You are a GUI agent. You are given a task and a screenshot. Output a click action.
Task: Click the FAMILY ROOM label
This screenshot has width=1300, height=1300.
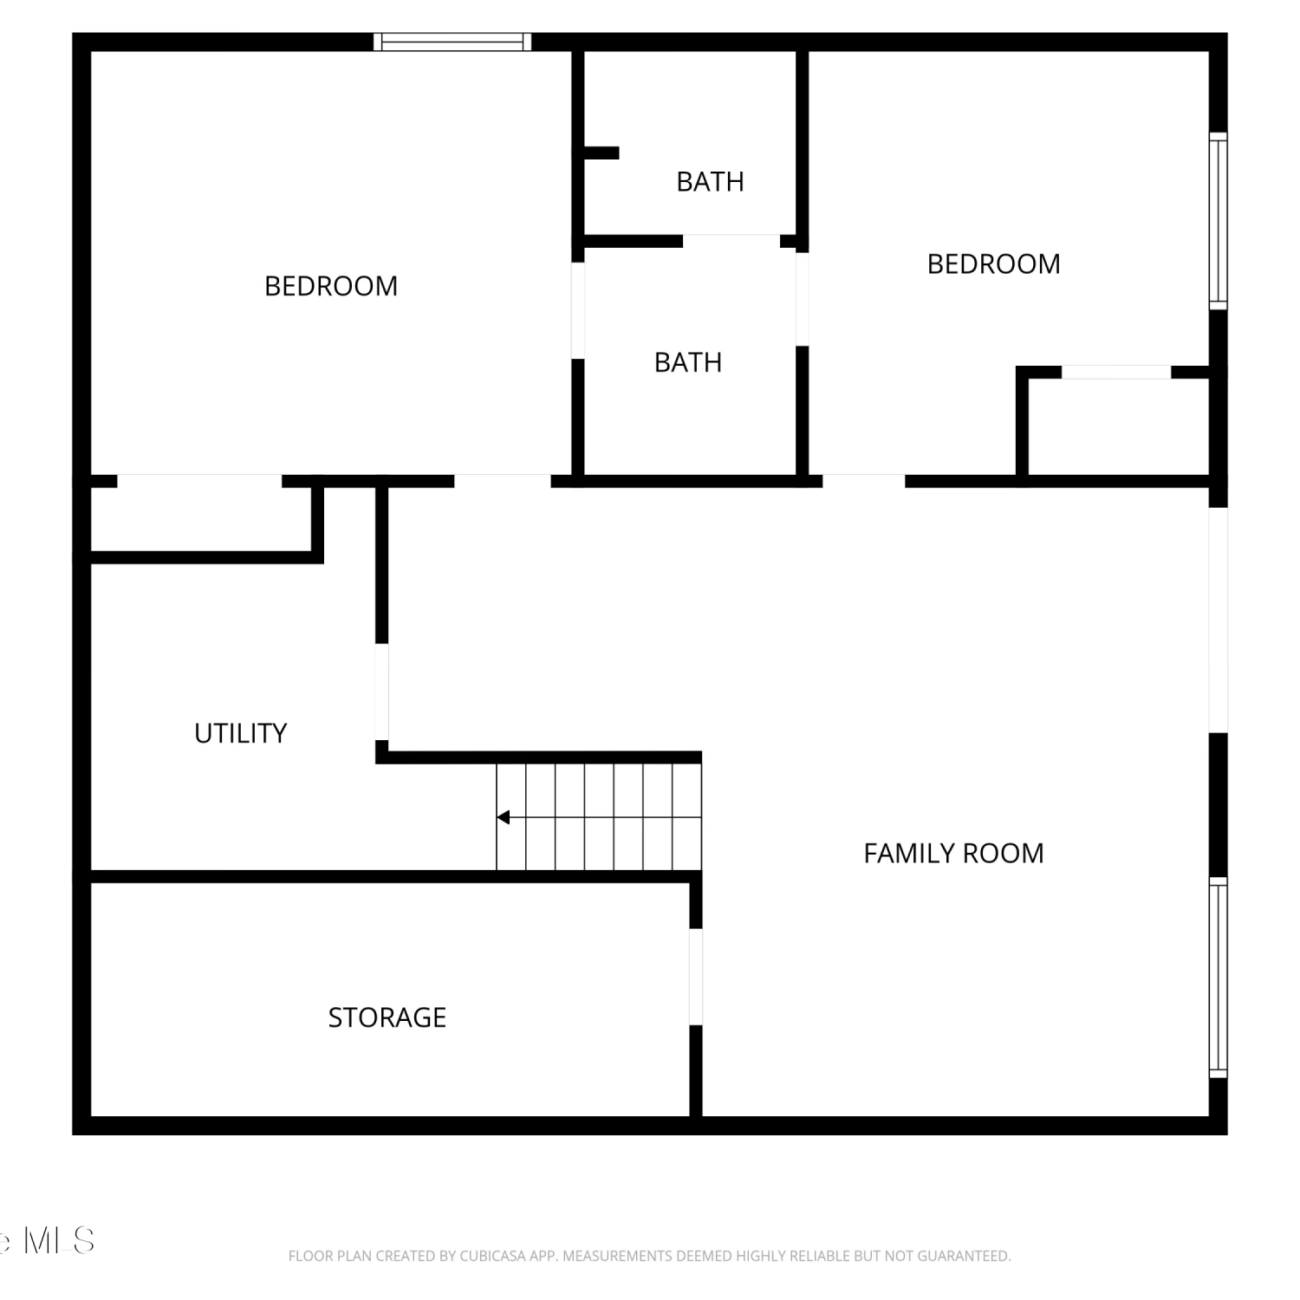click(x=953, y=854)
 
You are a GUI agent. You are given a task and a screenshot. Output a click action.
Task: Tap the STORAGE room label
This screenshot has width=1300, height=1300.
click(x=387, y=1017)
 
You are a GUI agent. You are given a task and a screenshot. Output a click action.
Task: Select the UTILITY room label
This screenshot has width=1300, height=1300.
click(x=240, y=734)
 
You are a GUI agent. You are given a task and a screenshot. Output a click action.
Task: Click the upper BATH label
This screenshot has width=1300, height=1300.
click(x=710, y=182)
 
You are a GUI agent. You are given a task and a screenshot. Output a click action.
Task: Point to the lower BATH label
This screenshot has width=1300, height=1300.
click(x=688, y=362)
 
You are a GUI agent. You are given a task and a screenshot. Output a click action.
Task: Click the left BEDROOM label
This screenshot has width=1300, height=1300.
click(x=331, y=286)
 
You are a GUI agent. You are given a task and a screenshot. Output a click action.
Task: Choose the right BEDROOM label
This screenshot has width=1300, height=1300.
click(x=993, y=264)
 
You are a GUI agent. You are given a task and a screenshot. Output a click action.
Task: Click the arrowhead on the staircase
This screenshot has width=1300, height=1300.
click(x=503, y=817)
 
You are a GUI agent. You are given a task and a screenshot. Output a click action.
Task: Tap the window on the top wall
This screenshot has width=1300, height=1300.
click(x=452, y=42)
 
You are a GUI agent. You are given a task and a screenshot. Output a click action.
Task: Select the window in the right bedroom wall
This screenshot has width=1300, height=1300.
click(x=1219, y=221)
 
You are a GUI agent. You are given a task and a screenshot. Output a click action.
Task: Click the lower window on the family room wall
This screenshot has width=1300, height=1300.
click(x=1219, y=978)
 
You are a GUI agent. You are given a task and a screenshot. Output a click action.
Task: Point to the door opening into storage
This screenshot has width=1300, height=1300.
click(x=695, y=977)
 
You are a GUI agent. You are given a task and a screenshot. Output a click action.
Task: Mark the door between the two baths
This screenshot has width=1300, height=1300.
click(x=731, y=241)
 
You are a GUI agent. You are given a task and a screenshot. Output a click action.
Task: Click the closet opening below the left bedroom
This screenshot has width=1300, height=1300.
click(x=199, y=481)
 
